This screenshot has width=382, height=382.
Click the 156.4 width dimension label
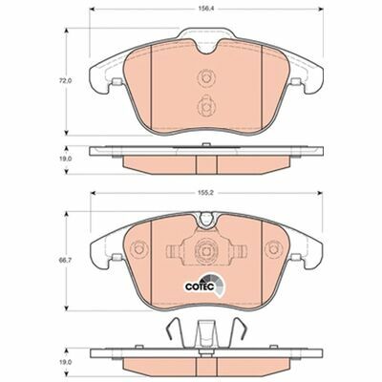point(206,10)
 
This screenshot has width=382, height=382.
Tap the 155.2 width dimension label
point(206,193)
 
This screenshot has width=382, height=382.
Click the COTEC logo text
point(197,286)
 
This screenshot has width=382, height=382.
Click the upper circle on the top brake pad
point(206,77)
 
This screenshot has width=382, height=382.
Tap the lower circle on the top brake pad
point(206,106)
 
